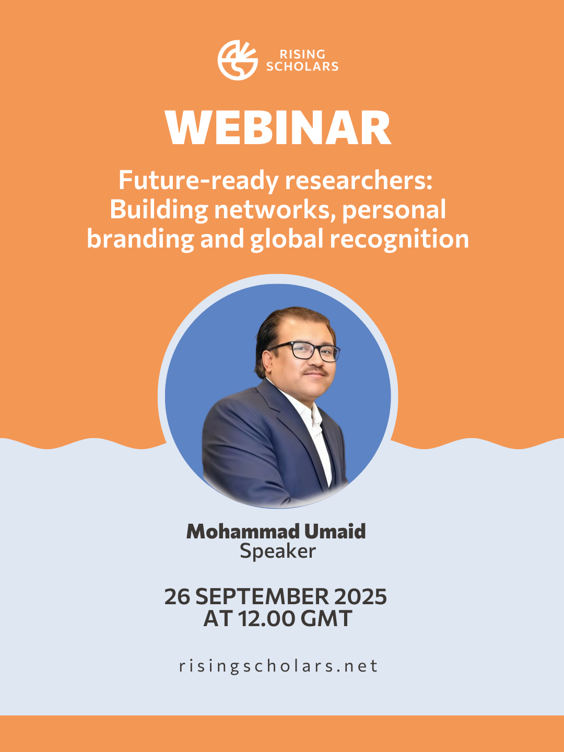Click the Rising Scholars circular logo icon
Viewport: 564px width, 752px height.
click(238, 60)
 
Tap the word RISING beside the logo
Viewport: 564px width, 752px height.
click(303, 54)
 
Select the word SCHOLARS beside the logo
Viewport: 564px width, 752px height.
click(303, 66)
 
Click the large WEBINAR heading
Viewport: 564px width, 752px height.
click(278, 128)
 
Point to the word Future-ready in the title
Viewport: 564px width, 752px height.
click(198, 181)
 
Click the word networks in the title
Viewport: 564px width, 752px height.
click(275, 209)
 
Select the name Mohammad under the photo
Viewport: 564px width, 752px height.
click(242, 532)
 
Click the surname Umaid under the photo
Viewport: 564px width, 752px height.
click(335, 532)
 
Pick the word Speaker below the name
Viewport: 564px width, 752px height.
click(278, 551)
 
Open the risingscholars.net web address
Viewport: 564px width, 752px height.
click(278, 666)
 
